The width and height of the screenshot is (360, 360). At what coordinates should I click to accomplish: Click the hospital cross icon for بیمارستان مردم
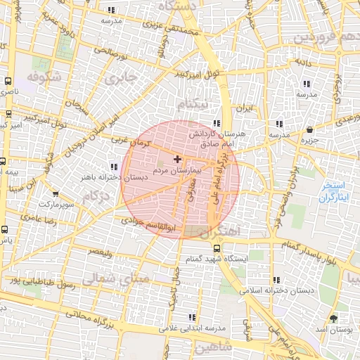click(176, 159)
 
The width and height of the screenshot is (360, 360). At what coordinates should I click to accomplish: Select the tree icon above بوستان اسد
click(342, 318)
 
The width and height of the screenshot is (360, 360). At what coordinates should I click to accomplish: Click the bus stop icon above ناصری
click(8, 82)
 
